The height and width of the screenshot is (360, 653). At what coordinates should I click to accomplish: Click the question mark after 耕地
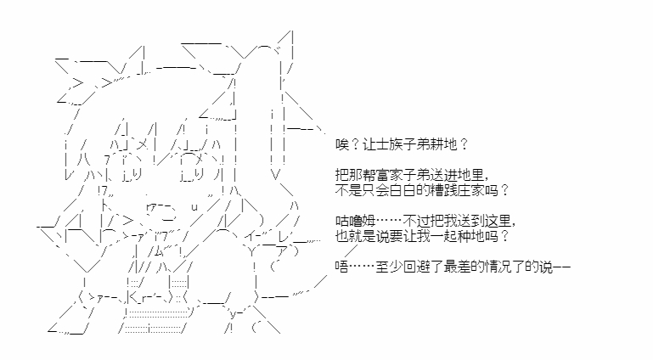click(x=464, y=144)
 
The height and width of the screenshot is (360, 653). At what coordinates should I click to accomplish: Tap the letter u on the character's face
click(x=194, y=207)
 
